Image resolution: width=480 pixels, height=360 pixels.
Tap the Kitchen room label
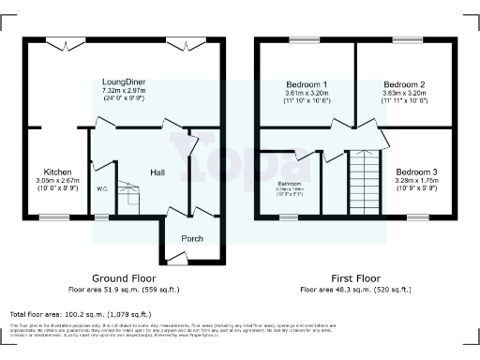coord(57,172)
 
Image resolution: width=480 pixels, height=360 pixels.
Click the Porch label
coord(191,238)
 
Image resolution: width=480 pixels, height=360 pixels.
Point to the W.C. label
coord(102,188)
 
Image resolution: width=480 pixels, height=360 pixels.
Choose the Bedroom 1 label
coord(306,83)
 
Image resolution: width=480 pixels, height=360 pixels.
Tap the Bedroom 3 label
coord(414,172)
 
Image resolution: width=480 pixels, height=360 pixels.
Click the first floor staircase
coord(362,184)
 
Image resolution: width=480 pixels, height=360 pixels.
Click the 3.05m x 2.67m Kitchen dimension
coord(57,181)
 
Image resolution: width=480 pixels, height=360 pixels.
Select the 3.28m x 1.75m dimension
coord(414,181)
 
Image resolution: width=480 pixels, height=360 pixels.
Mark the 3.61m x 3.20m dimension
coord(306,92)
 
